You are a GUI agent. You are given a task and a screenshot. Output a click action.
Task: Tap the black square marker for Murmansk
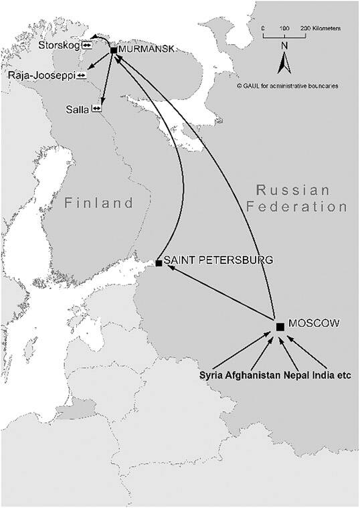click(113, 51)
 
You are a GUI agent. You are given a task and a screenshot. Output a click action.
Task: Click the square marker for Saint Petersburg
click(159, 263)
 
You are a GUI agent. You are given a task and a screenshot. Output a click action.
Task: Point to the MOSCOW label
click(319, 323)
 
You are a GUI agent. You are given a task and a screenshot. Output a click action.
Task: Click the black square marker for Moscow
click(280, 327)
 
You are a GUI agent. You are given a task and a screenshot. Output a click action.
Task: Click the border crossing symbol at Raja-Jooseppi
click(81, 76)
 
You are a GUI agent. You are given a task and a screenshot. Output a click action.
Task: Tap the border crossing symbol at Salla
click(96, 108)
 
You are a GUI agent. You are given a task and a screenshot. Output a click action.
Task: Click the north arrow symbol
click(285, 64)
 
